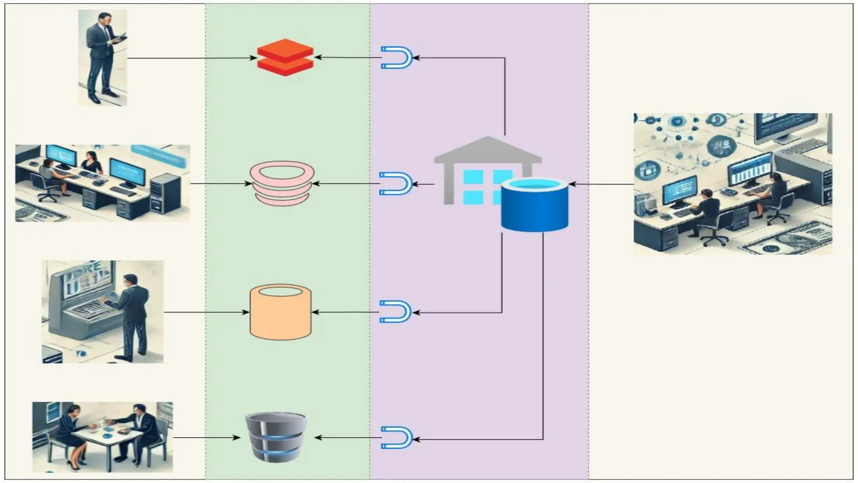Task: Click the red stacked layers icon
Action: pos(285,57)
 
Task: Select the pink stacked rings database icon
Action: pos(282,184)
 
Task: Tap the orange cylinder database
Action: pos(280,312)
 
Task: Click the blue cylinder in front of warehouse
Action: pos(535,205)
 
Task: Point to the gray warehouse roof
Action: pos(488,149)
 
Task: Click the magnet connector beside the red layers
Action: pos(396,57)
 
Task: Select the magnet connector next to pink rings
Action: pos(395,184)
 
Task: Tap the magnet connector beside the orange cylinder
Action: pos(395,312)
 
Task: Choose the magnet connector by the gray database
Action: pos(396,438)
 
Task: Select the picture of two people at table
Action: pos(103,437)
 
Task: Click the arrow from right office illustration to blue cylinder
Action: pos(601,184)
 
